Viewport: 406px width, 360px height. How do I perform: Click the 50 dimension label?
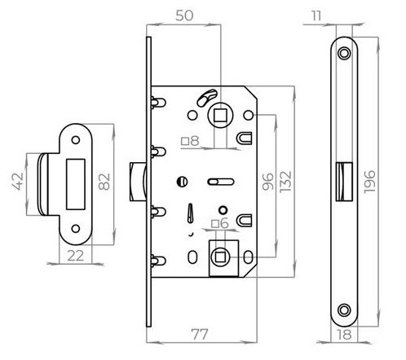click(x=184, y=15)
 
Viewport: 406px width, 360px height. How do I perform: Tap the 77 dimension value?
click(x=200, y=334)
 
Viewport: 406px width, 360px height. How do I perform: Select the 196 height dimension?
click(x=369, y=182)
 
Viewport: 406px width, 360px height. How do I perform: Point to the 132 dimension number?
click(x=285, y=182)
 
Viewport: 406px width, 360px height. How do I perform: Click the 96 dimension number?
click(x=268, y=182)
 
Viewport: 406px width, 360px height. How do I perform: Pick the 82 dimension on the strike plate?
click(x=104, y=182)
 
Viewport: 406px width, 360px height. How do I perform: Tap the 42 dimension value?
click(x=18, y=182)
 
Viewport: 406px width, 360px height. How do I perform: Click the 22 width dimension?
click(x=76, y=256)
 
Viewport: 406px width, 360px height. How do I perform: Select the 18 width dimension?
click(x=344, y=335)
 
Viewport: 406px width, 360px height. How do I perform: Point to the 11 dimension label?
click(x=316, y=15)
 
